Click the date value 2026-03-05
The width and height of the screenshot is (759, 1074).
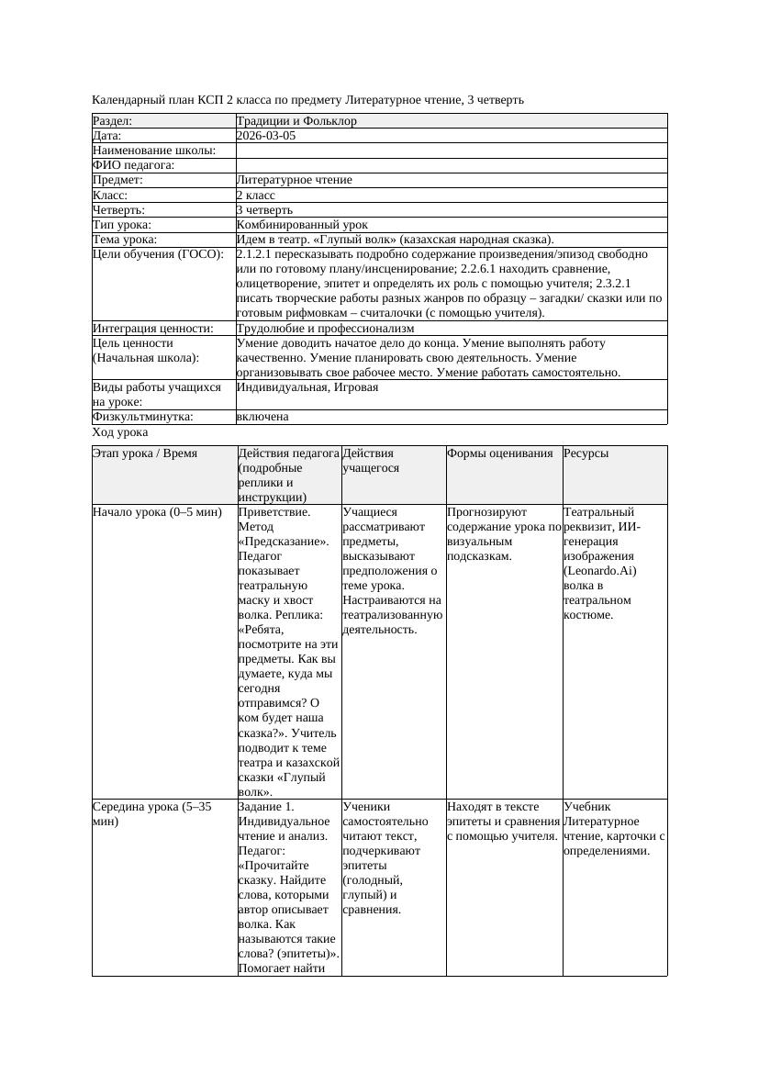click(266, 136)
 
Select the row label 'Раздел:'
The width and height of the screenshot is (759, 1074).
click(113, 121)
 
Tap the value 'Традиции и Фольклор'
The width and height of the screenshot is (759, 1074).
click(296, 121)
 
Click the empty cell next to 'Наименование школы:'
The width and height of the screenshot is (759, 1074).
click(450, 151)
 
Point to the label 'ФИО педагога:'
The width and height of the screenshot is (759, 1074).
click(134, 165)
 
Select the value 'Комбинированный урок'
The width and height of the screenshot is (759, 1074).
click(302, 224)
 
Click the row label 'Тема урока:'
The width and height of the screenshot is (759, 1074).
click(125, 239)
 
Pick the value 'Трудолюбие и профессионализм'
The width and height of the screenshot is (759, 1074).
click(325, 328)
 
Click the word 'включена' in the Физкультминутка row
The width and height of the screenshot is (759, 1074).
click(262, 417)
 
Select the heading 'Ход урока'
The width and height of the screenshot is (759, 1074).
click(120, 432)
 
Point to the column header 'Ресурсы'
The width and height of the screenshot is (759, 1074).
click(586, 453)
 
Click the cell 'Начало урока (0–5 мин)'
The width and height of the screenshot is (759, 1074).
click(158, 512)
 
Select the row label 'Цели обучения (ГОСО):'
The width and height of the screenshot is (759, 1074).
click(158, 254)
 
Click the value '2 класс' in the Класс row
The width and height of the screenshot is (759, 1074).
click(256, 195)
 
